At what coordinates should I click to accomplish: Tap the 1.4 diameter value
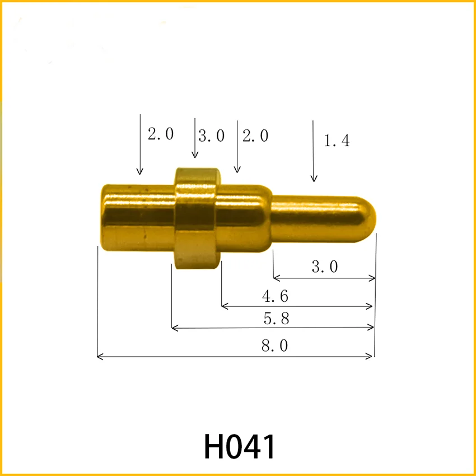tap(337, 141)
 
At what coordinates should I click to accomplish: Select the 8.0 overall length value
tap(274, 346)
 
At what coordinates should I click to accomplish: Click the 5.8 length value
tap(276, 319)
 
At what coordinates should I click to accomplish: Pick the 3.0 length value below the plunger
tap(325, 267)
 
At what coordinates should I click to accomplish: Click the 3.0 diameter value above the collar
tap(212, 136)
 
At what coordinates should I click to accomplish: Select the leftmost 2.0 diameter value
tap(161, 134)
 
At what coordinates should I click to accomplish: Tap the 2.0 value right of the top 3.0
tap(255, 136)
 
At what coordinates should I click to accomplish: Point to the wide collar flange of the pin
tap(195, 218)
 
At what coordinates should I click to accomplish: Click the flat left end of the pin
tap(102, 216)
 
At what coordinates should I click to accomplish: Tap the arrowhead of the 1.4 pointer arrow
tap(314, 179)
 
